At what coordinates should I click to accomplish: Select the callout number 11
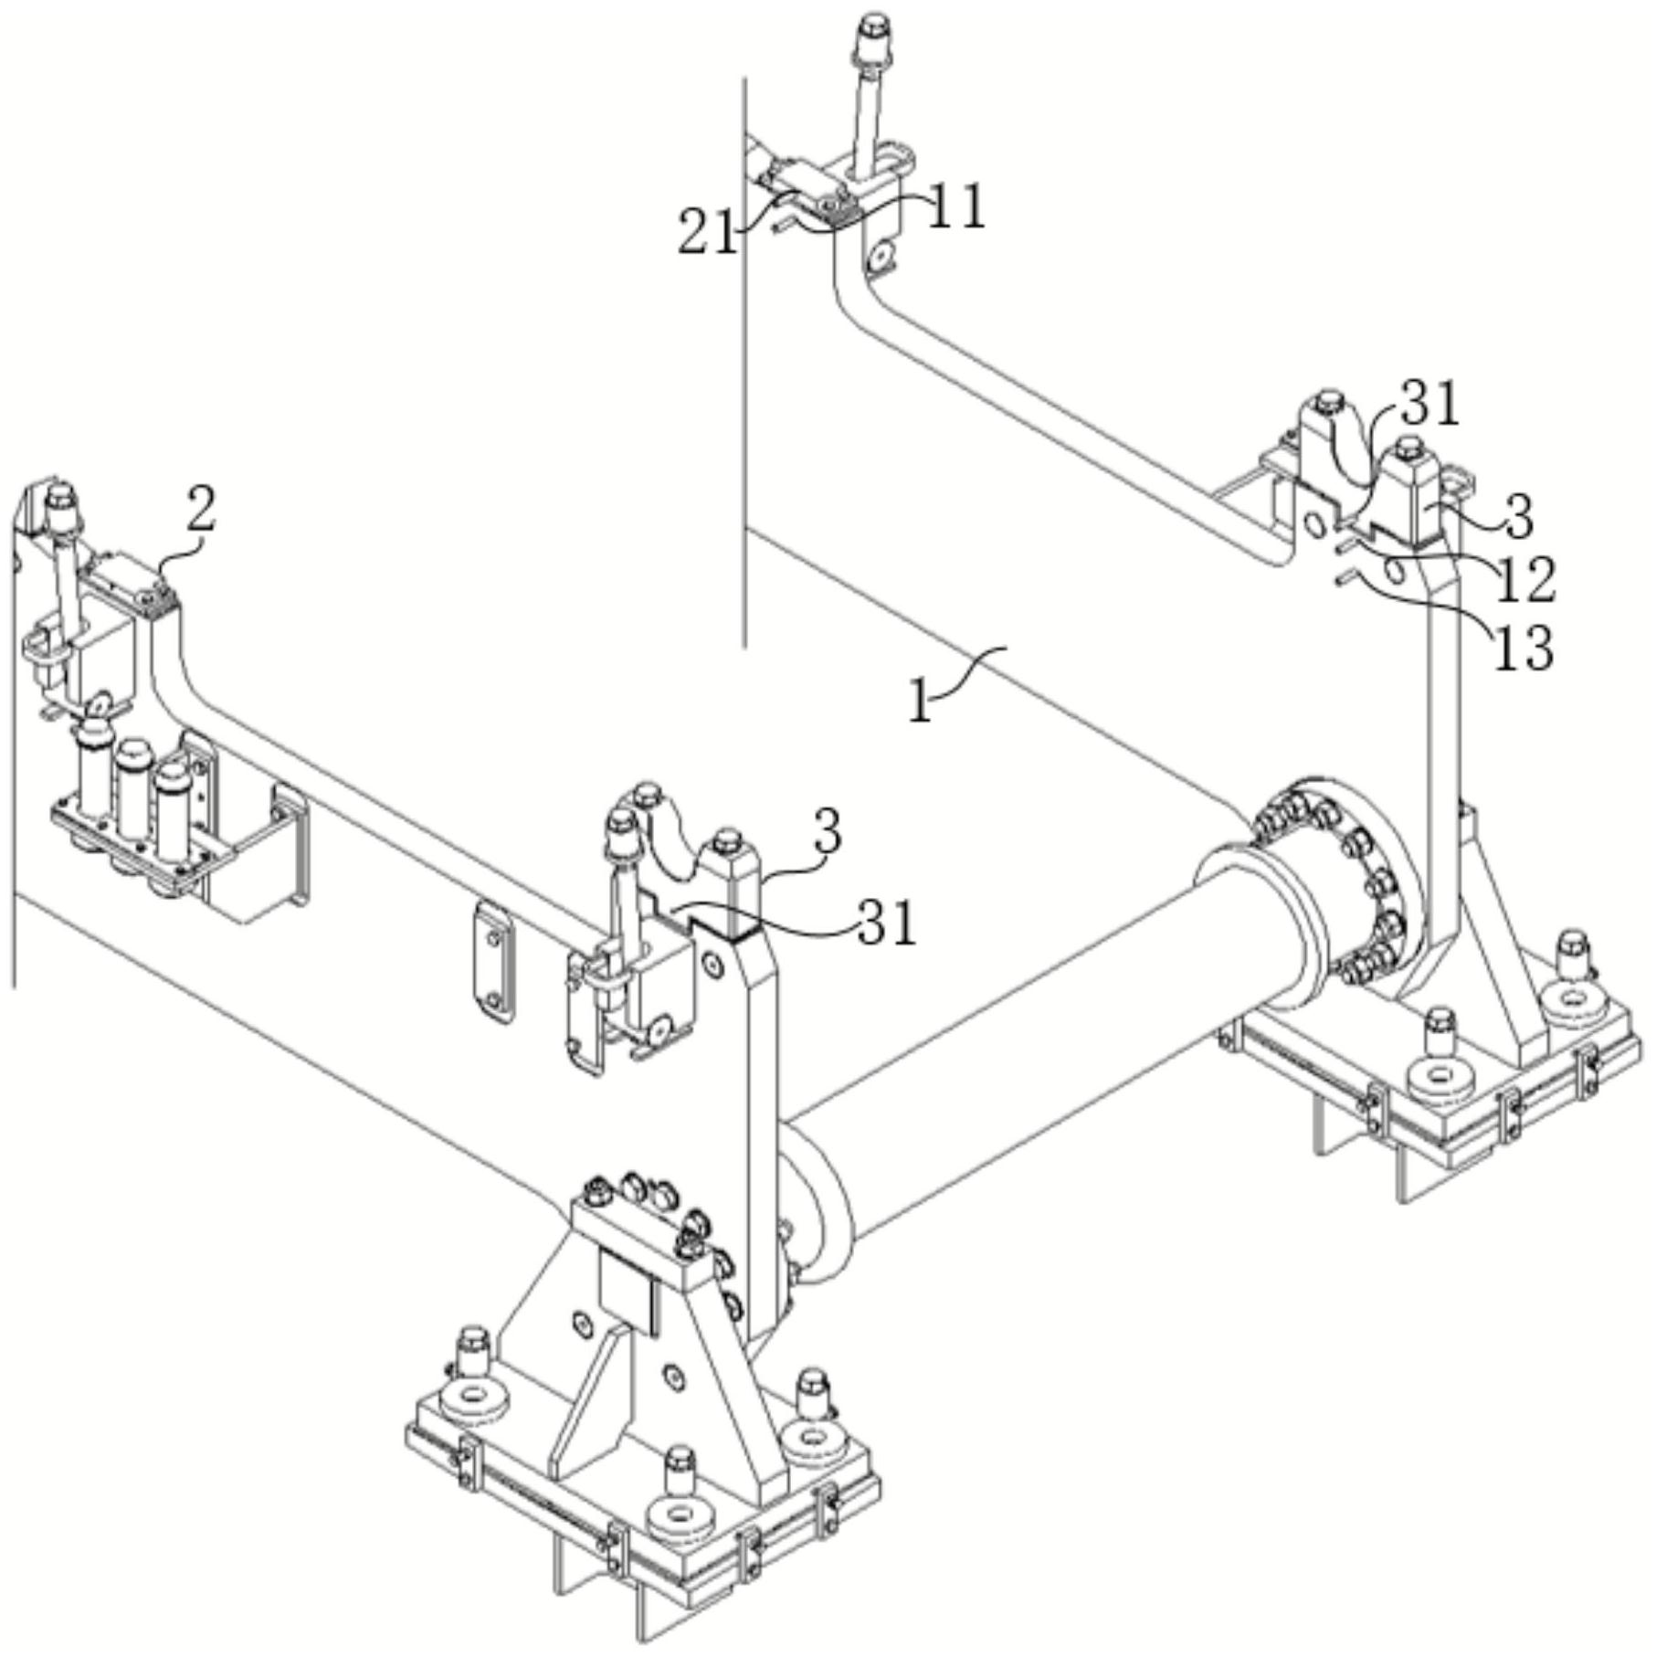(x=957, y=206)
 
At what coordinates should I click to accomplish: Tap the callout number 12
(x=1524, y=579)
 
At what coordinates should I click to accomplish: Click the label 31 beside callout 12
(x=1431, y=405)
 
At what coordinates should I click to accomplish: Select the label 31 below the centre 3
(x=887, y=923)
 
